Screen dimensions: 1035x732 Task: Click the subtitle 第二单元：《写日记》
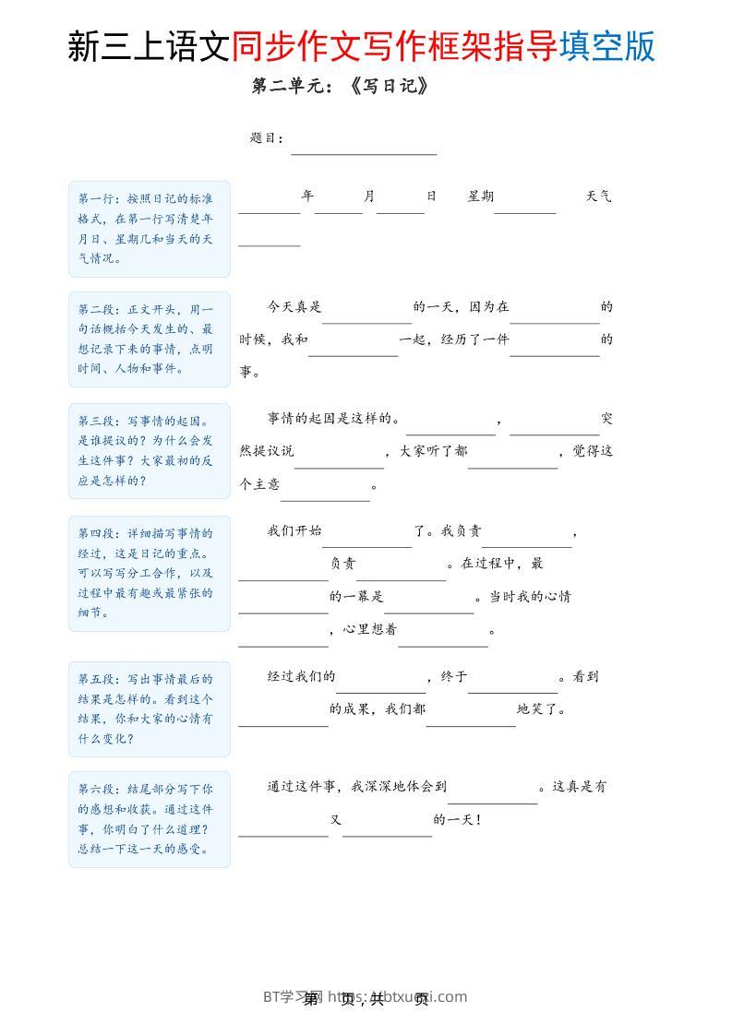[x=341, y=87]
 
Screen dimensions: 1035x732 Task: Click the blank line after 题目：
[x=364, y=148]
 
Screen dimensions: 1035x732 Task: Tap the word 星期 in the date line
[x=481, y=196]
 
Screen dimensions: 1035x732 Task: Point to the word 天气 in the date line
[x=598, y=196]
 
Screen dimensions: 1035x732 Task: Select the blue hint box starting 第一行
[x=149, y=229]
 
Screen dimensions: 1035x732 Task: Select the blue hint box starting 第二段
[x=149, y=339]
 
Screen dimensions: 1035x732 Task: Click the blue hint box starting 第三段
[x=149, y=451]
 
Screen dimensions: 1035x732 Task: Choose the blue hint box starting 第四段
[x=149, y=573]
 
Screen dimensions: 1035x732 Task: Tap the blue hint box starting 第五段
[x=149, y=708]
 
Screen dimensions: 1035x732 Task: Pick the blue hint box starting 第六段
[x=149, y=819]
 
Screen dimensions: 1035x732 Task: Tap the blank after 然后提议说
[x=339, y=460]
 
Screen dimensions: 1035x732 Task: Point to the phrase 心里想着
[x=370, y=630]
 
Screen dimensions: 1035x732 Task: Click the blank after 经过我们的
[x=381, y=684]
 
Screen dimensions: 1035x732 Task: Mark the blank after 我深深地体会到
[x=493, y=796]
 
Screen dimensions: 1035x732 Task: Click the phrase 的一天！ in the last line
[x=458, y=819]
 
